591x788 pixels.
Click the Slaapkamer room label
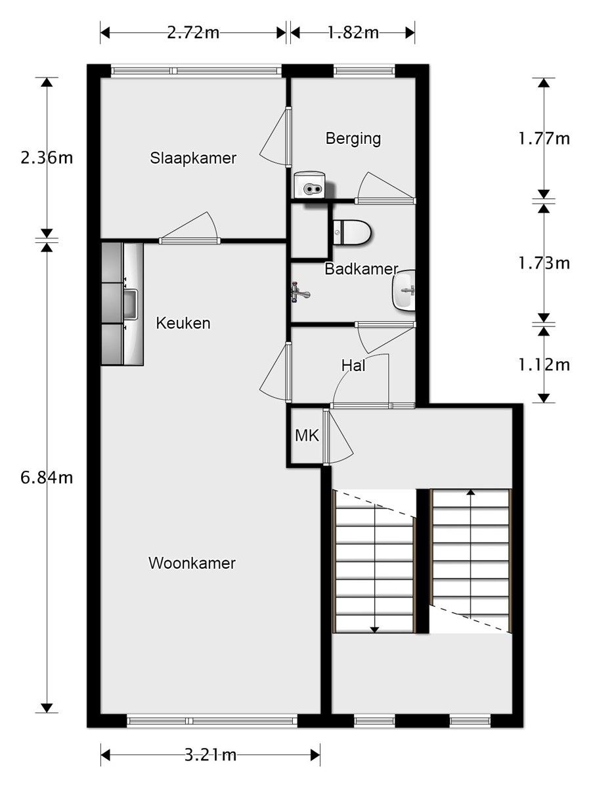pyautogui.click(x=193, y=158)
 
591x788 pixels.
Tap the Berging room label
pyautogui.click(x=353, y=139)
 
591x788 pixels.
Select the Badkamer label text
pyautogui.click(x=361, y=269)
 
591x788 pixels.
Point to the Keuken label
pyautogui.click(x=183, y=323)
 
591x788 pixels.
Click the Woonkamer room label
pyautogui.click(x=192, y=563)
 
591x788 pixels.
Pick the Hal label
pyautogui.click(x=353, y=366)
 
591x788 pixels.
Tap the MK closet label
pyautogui.click(x=307, y=435)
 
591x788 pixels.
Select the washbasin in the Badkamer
pyautogui.click(x=404, y=289)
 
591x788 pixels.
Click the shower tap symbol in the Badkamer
pyautogui.click(x=301, y=292)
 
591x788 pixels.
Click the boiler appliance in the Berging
pyautogui.click(x=309, y=185)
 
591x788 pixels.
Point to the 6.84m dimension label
pyautogui.click(x=47, y=477)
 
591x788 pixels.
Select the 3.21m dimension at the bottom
pyautogui.click(x=210, y=755)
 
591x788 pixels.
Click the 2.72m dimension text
pyautogui.click(x=193, y=33)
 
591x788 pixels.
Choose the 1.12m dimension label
pyautogui.click(x=544, y=364)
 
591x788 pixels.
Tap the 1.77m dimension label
pyautogui.click(x=544, y=138)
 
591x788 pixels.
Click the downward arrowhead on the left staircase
pyautogui.click(x=374, y=629)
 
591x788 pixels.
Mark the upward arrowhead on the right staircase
pyautogui.click(x=470, y=491)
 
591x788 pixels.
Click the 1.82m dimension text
pyautogui.click(x=353, y=33)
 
